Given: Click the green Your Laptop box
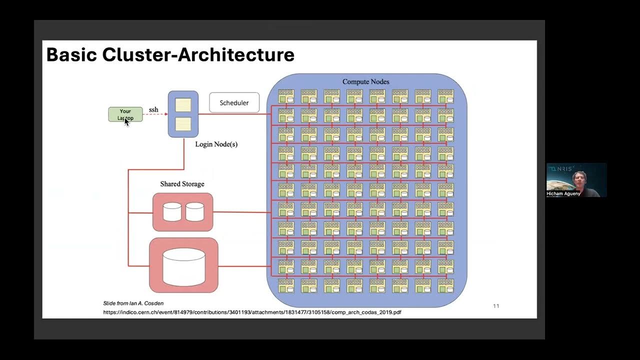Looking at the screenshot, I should [x=125, y=114].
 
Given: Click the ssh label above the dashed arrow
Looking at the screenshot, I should [x=153, y=109].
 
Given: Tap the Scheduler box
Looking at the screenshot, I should [x=234, y=102].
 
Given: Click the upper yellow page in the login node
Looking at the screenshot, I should [x=183, y=104].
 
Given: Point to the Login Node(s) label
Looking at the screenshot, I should [x=216, y=144].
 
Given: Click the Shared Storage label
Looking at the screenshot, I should [x=182, y=184].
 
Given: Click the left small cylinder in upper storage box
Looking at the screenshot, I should [x=172, y=212].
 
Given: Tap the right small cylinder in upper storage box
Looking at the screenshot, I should [x=194, y=212].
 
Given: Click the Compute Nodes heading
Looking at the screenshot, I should [x=365, y=81].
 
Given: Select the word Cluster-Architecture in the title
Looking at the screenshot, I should [x=198, y=54].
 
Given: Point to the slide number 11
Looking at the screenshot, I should [x=496, y=306].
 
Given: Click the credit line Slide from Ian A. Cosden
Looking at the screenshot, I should [x=133, y=303].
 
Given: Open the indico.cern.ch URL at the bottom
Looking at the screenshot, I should [x=252, y=312].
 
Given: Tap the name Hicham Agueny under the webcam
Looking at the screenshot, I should [x=563, y=193].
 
